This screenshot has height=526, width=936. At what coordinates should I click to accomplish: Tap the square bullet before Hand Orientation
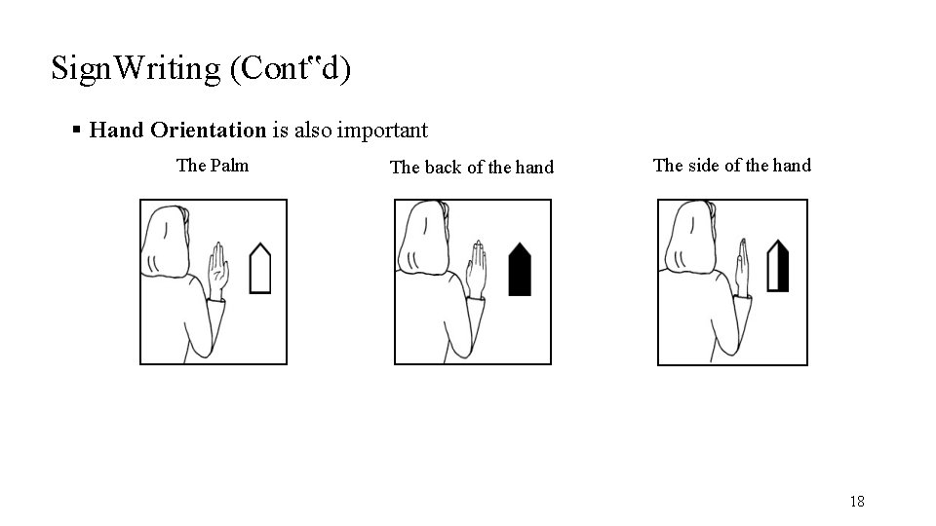tap(76, 130)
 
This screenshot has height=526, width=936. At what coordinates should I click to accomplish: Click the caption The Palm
tap(212, 165)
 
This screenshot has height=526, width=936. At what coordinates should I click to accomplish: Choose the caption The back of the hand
tap(471, 167)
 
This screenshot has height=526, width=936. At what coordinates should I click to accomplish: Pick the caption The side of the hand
tap(731, 165)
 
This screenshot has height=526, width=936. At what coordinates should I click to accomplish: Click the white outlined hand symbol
tap(259, 269)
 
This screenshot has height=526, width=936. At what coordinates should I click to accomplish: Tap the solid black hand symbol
tap(520, 269)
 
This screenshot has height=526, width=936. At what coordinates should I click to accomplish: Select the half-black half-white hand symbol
tap(777, 265)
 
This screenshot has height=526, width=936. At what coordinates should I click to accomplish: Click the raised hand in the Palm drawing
tap(217, 265)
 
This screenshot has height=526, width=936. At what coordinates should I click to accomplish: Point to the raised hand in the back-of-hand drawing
tap(476, 266)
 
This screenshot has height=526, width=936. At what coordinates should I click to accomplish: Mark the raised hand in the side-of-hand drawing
tap(742, 265)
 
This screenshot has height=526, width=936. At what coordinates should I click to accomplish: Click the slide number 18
tap(856, 502)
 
